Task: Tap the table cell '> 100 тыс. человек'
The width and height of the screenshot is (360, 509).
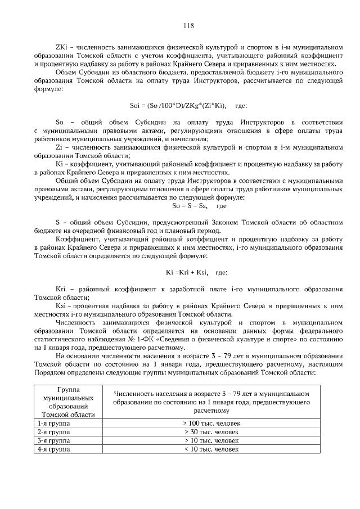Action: coord(211,423)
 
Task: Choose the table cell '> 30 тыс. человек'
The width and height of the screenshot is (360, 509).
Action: coord(211,432)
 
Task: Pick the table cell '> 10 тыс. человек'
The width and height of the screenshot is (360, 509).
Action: coord(211,441)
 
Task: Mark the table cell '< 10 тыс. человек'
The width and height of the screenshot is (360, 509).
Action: coord(211,450)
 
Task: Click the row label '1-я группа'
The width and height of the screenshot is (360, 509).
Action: coord(50,423)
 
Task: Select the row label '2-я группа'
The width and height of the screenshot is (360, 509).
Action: coord(50,432)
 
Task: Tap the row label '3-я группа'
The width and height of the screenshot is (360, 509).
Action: coord(50,441)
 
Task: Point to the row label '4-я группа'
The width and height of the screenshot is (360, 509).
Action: coord(50,450)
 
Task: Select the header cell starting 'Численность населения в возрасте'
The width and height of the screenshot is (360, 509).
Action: coord(211,402)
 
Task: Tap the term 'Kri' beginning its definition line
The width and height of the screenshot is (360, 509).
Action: coord(61,289)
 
